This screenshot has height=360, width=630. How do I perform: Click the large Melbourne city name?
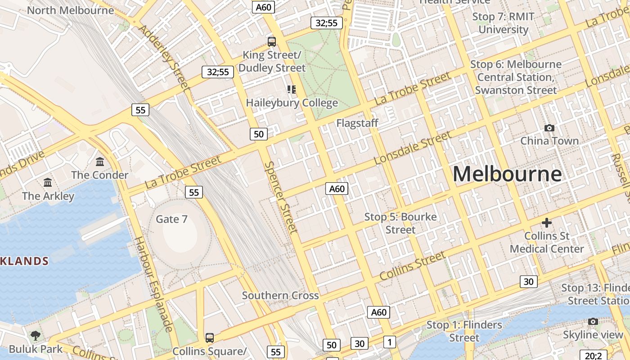507,174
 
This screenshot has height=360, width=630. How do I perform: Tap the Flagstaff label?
357,123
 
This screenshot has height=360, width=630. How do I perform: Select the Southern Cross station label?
280,296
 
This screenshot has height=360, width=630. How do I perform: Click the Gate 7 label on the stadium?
171,219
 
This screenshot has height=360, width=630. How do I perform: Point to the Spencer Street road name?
281,197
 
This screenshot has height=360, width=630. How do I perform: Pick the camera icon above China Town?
549,128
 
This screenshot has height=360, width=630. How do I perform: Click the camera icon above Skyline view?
593,321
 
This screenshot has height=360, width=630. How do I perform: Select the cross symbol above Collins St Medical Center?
547,223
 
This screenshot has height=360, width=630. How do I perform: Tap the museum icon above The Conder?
100,162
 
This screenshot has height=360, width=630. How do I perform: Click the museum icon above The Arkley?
48,182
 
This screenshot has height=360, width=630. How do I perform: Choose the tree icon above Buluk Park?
35,335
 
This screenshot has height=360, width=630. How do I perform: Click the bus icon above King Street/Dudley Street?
272,42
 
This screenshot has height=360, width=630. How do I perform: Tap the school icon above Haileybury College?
292,90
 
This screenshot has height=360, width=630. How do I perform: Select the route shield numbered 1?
390,342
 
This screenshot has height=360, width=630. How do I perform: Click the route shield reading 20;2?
593,355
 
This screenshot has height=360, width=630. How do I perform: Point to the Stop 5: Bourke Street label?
400,223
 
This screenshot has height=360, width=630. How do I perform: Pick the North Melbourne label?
71,10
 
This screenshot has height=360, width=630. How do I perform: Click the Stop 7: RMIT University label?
503,23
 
